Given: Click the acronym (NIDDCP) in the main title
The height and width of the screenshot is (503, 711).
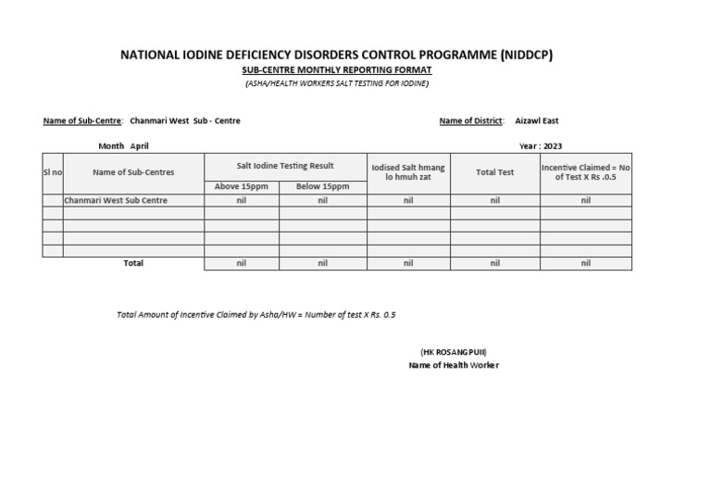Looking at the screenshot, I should point(524,55).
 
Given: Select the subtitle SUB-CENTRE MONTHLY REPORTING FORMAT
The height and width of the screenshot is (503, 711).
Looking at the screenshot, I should point(336,70).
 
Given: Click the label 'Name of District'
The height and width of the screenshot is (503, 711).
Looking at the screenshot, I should point(471,120).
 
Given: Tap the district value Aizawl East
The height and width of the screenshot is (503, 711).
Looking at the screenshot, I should point(536,120).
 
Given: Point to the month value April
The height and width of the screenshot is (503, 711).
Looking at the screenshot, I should point(139,146).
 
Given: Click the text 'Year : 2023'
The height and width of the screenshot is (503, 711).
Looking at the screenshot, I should point(541,146).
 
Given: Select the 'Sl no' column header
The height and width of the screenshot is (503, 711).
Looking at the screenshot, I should point(53,172).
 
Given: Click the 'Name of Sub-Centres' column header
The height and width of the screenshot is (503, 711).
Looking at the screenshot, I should point(133,172).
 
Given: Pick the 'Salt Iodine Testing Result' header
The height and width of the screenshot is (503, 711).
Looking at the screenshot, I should point(285,166).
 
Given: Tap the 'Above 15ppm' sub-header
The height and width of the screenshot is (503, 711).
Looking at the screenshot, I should point(241,187).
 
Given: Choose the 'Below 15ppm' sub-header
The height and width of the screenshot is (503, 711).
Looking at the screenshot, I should point(322,187).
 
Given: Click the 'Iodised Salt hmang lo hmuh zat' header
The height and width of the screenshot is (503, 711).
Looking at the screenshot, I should point(408,172).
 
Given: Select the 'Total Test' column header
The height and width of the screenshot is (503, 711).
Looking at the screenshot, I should point(494,172).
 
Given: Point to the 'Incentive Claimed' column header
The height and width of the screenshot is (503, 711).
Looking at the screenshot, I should point(585,172).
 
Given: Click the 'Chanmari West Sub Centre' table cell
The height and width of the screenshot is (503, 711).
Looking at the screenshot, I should point(116,200).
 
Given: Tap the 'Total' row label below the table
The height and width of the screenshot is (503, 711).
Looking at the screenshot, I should point(133,263).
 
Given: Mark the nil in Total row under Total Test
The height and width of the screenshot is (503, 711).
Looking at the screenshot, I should point(494,264).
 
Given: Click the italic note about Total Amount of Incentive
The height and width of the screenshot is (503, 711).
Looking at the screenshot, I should point(256,315).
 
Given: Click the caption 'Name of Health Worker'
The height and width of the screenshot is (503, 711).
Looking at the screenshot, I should point(454,365).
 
